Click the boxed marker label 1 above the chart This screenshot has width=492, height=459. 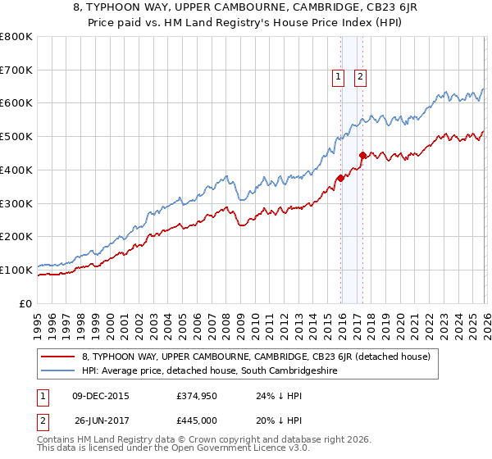338,78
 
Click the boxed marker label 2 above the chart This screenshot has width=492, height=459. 360,78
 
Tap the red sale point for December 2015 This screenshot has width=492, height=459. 340,177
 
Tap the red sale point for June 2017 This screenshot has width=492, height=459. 362,154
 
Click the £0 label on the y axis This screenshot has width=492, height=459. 26,303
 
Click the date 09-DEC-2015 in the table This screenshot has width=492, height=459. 98,395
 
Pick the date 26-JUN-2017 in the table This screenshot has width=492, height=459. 100,420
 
